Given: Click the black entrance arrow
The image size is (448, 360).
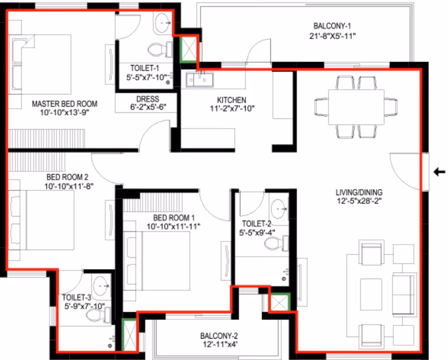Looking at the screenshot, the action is [439, 172].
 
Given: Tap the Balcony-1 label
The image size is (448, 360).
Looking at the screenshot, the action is [332, 26].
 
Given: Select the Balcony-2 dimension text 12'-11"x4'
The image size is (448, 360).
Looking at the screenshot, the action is [220, 344].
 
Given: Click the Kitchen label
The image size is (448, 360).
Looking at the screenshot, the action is [232, 100].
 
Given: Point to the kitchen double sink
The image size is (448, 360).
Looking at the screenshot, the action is [200, 80].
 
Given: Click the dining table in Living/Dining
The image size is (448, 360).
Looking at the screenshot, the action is [356, 107].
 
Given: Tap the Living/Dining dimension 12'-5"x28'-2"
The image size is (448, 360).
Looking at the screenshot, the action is [359, 201].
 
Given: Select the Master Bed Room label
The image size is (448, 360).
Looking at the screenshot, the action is [65, 104].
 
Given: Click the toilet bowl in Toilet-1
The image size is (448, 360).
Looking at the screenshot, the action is [159, 49].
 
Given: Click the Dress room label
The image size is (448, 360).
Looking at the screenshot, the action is [148, 99].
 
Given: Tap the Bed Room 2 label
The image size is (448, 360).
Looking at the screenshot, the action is [68, 177].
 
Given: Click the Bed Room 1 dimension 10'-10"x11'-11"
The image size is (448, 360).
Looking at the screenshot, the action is [173, 226].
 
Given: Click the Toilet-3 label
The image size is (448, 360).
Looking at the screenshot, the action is [77, 297].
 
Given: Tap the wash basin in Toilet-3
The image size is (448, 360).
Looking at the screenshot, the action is [101, 285].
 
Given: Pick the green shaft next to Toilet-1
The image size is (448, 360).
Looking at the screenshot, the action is [188, 49].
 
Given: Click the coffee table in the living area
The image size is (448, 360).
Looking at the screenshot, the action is [371, 294].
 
